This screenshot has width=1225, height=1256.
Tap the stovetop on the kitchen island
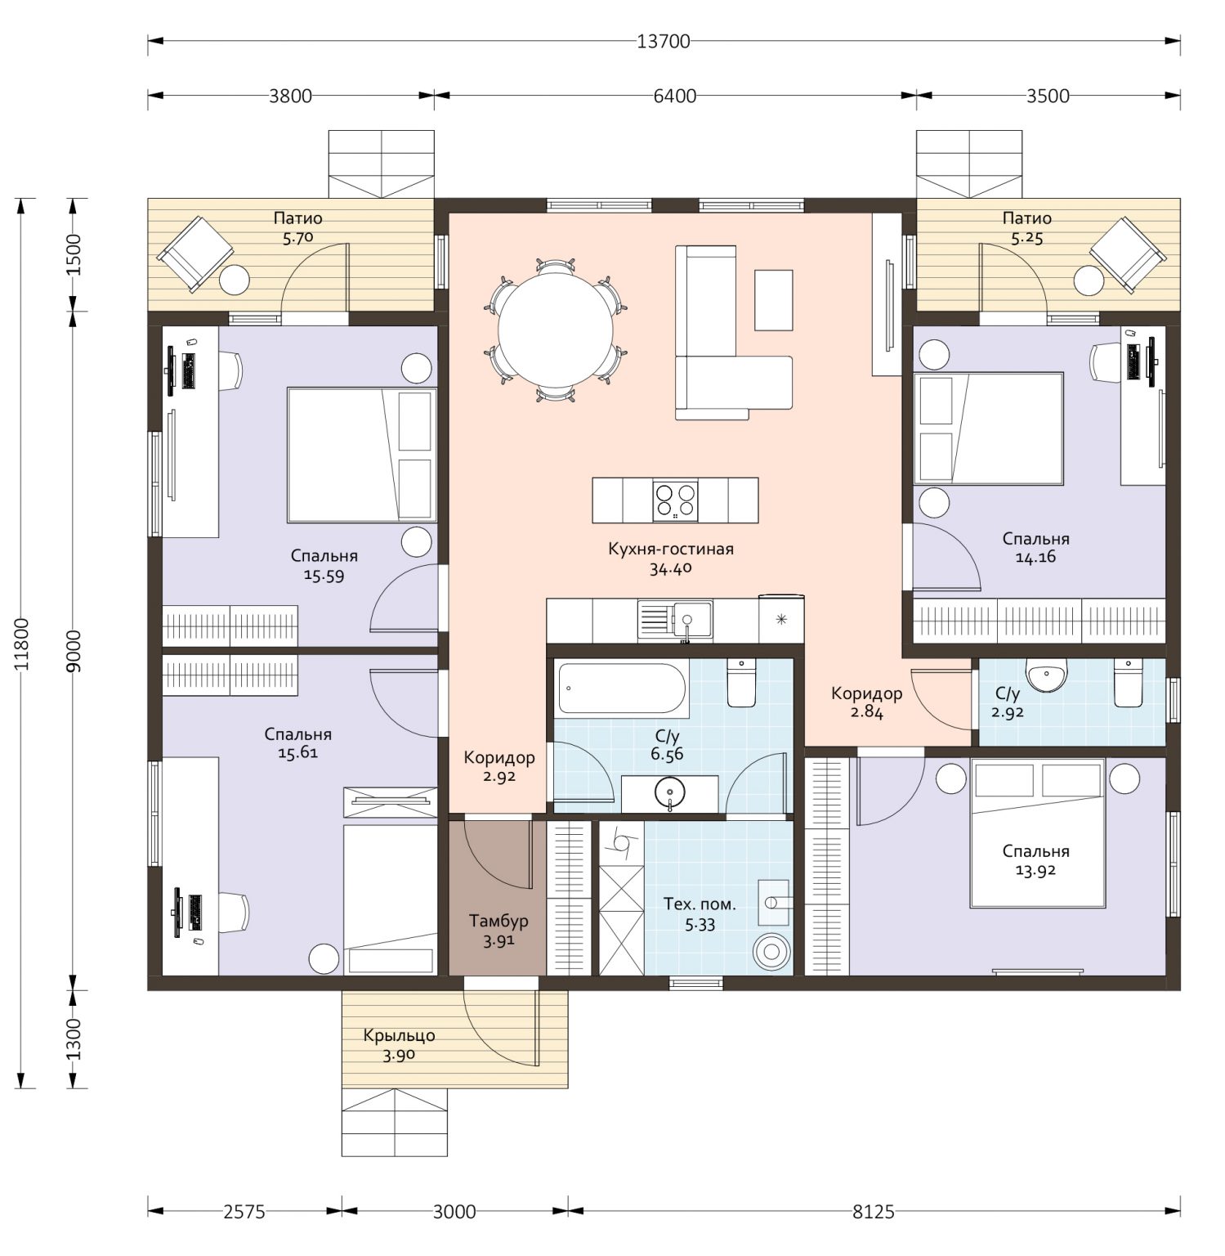(x=675, y=500)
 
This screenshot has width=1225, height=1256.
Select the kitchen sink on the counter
(x=675, y=621)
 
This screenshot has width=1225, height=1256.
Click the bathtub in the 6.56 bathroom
(x=623, y=688)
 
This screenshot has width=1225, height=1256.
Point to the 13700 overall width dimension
(x=664, y=41)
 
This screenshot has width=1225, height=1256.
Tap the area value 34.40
(x=671, y=568)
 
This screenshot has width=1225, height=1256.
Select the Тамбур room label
(x=498, y=921)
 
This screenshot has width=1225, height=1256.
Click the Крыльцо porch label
(x=399, y=1035)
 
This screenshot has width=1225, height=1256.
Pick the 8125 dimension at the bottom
(x=874, y=1211)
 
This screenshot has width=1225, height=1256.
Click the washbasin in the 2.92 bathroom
(x=1047, y=675)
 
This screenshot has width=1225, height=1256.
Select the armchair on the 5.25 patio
(x=1128, y=254)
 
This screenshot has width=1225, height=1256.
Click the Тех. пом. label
(x=700, y=904)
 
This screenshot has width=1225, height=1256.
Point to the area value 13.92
(x=1035, y=870)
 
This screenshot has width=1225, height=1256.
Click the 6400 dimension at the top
(x=675, y=96)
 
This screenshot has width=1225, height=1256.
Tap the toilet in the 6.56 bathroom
(x=742, y=684)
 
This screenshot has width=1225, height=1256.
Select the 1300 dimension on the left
(x=74, y=1038)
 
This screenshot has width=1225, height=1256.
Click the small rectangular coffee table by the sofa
(x=773, y=300)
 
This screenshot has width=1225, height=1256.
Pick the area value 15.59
(x=324, y=575)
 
